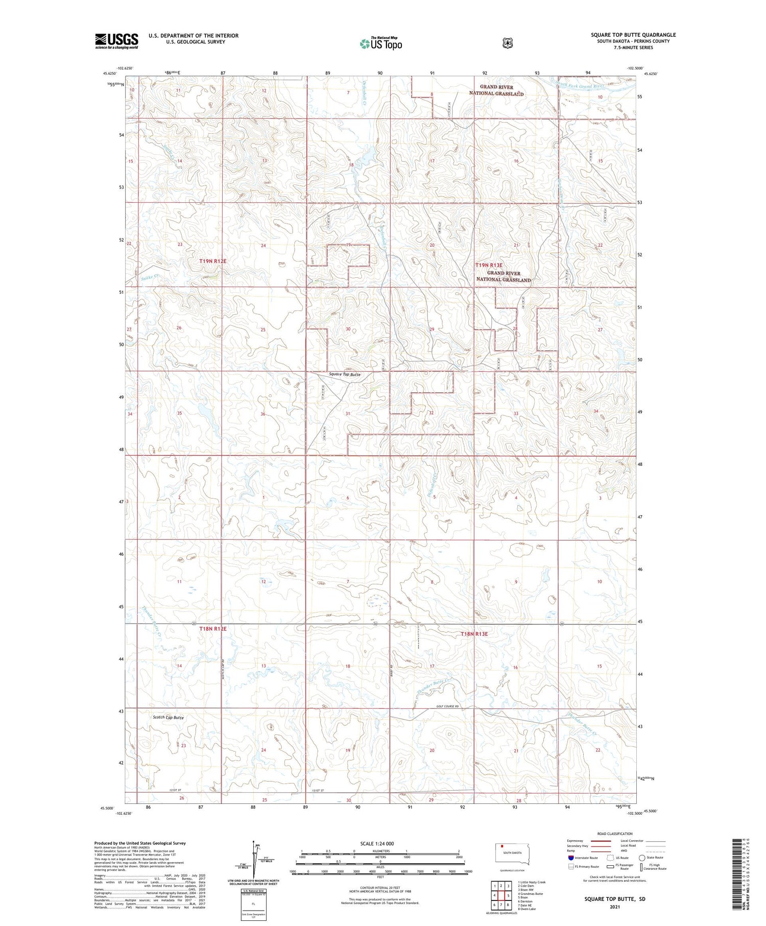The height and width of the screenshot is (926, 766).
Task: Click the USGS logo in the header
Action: [116, 41]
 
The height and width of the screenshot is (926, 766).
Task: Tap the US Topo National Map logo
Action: [380, 43]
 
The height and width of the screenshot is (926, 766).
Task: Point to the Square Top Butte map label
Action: [345, 374]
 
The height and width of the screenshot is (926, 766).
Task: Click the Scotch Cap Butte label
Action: [168, 717]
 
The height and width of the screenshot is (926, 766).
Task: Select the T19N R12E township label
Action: [213, 261]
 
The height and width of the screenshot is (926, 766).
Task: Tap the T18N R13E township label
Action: [474, 634]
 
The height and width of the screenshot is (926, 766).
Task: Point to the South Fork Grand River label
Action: [582, 86]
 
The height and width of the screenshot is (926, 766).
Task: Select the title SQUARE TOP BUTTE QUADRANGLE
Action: [633, 35]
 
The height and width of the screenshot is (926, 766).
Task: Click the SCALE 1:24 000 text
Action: [377, 843]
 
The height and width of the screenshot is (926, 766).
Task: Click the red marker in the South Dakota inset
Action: [502, 846]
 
